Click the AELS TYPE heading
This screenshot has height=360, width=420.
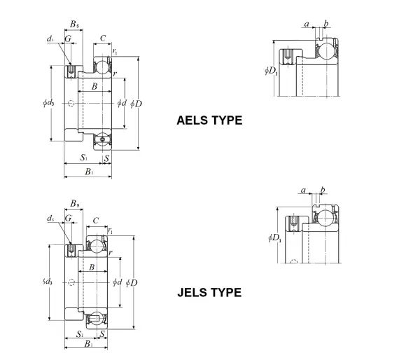[209, 120]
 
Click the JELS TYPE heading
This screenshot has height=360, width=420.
[209, 292]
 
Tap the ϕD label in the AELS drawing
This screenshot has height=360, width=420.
[136, 104]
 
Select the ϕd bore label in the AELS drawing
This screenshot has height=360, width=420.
[122, 103]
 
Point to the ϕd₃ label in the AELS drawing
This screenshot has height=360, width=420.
[48, 102]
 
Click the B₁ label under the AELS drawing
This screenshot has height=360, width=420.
[89, 172]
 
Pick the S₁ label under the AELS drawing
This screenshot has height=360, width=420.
[84, 158]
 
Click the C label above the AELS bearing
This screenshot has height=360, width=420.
[103, 39]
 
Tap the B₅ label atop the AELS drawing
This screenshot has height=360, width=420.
[74, 24]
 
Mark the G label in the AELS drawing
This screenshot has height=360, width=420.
[68, 39]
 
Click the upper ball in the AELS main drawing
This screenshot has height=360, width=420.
[102, 67]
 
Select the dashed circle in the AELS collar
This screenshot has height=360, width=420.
[71, 103]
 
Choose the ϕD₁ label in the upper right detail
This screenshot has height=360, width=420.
[271, 71]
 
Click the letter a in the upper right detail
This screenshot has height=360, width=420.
[307, 25]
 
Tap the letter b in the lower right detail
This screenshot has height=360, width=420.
[323, 190]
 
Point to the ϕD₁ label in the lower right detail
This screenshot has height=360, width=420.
[275, 237]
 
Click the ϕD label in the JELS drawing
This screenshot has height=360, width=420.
[132, 282]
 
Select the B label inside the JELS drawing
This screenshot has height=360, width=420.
[92, 267]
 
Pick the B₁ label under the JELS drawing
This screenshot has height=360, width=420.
[89, 344]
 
